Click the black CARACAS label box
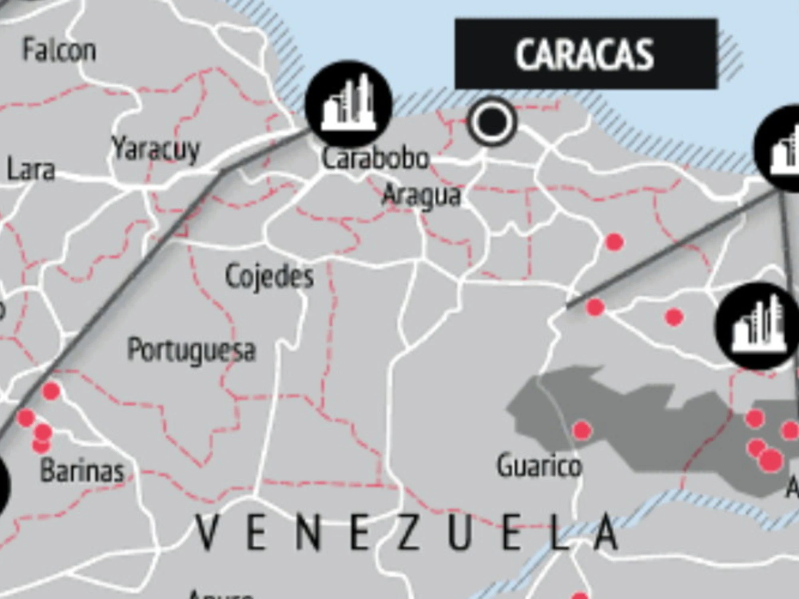(586, 54)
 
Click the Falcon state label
(59, 50)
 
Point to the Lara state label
(31, 170)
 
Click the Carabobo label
(375, 159)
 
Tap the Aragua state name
(421, 196)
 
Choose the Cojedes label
(269, 276)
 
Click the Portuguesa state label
(191, 350)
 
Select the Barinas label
(82, 471)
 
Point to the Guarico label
(539, 466)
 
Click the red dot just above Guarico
(582, 430)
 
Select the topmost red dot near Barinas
(51, 391)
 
